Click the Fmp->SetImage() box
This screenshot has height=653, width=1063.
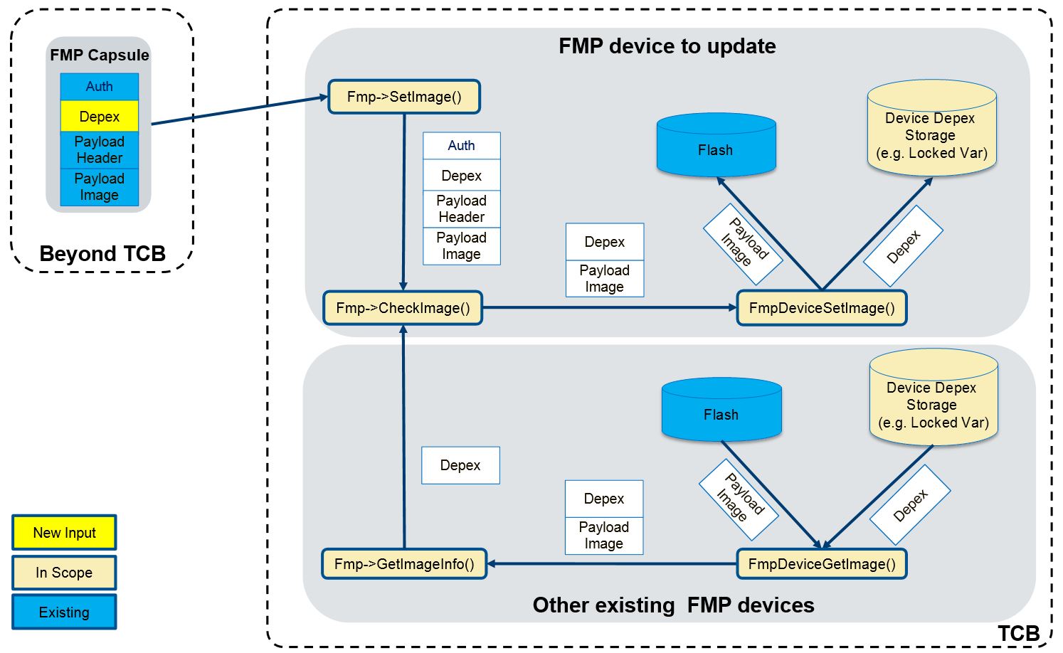(403, 97)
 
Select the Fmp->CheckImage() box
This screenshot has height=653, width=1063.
(403, 308)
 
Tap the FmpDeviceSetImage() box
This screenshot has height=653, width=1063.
(821, 308)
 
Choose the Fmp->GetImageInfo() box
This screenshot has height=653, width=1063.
(403, 564)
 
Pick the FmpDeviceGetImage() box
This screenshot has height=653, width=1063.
(821, 564)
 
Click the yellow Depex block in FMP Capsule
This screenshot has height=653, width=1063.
(99, 117)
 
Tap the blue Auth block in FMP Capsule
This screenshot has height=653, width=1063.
(99, 87)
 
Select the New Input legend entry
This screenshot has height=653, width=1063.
(64, 533)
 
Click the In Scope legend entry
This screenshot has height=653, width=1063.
(64, 573)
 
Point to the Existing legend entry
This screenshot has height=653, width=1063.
(64, 612)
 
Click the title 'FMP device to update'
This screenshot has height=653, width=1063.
(667, 46)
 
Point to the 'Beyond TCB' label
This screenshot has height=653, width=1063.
(102, 254)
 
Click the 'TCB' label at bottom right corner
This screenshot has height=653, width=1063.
(1018, 633)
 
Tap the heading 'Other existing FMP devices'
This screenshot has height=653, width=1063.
(673, 605)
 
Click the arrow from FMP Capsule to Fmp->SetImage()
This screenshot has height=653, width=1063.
(239, 110)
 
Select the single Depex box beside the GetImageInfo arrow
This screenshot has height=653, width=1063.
(460, 465)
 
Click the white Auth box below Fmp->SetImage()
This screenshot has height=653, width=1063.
(461, 146)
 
